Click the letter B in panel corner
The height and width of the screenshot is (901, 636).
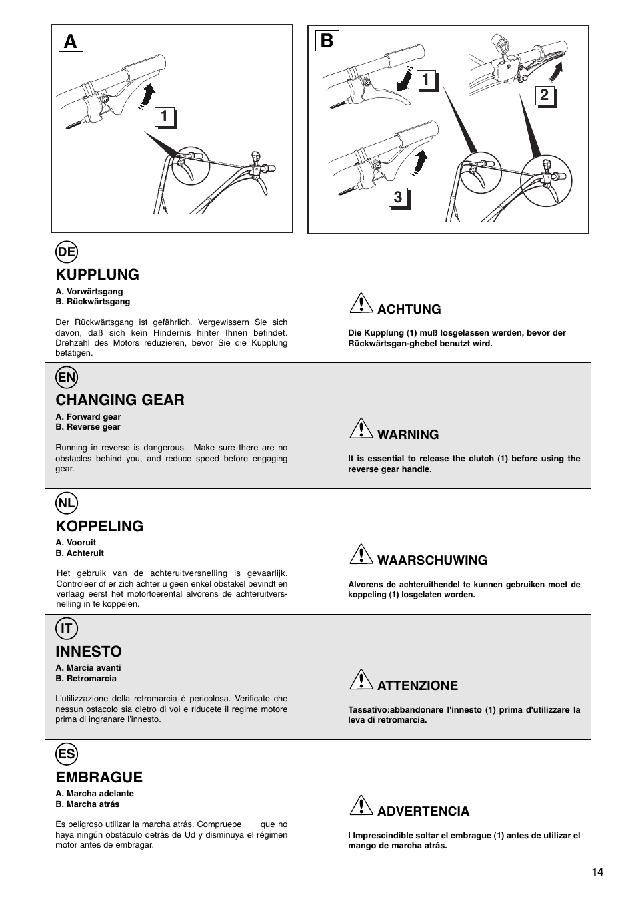[326, 41]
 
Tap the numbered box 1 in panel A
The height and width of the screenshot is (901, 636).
[164, 117]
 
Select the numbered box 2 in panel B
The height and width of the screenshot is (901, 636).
[545, 95]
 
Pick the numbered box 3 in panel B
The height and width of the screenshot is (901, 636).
[398, 197]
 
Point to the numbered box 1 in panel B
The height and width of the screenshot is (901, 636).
[427, 79]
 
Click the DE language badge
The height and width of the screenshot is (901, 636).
[67, 252]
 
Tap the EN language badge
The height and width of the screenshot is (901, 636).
[67, 377]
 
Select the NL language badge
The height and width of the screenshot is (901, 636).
[67, 503]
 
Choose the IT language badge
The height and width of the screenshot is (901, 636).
[67, 628]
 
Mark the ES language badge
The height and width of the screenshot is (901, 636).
[67, 754]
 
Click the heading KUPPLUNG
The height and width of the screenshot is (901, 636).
[97, 274]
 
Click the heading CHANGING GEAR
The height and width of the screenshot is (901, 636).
[120, 400]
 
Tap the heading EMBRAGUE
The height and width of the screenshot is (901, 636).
[99, 777]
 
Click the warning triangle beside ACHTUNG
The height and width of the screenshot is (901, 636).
[361, 305]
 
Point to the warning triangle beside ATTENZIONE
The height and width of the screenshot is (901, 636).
[361, 681]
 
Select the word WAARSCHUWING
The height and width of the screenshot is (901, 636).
[432, 560]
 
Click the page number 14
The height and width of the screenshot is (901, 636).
[597, 872]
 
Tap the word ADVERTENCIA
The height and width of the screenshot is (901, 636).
[423, 811]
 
